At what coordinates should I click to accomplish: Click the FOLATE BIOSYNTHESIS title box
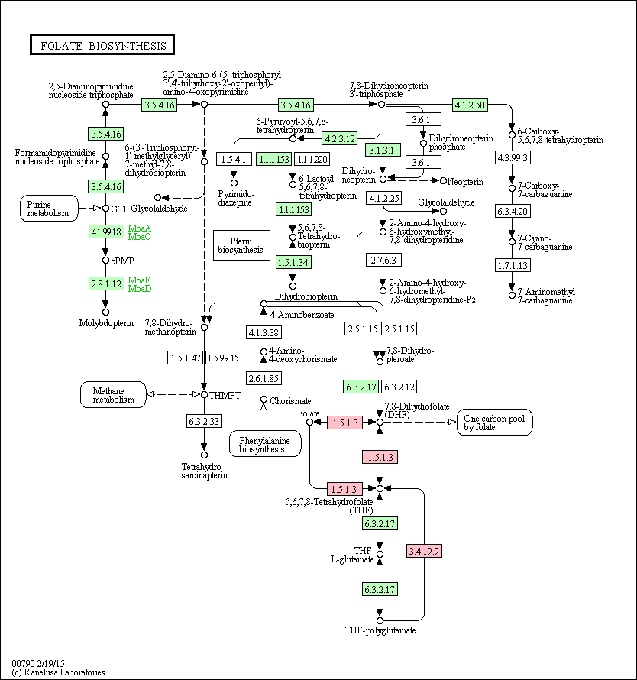pyautogui.click(x=102, y=44)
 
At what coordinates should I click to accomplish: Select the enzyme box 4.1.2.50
pyautogui.click(x=470, y=105)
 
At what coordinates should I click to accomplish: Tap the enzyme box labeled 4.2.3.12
pyautogui.click(x=340, y=139)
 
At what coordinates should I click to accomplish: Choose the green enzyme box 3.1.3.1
pyautogui.click(x=383, y=150)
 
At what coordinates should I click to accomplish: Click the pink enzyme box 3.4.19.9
pyautogui.click(x=424, y=551)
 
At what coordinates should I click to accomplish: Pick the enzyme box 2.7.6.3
pyautogui.click(x=383, y=261)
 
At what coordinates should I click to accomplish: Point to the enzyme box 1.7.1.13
pyautogui.click(x=513, y=265)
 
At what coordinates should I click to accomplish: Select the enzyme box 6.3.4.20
pyautogui.click(x=513, y=211)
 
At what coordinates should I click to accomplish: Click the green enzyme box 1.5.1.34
pyautogui.click(x=293, y=262)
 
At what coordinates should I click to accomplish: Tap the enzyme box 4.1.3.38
pyautogui.click(x=264, y=332)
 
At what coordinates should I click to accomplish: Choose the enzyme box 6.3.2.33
pyautogui.click(x=204, y=421)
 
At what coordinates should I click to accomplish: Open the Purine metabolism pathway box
pyautogui.click(x=49, y=209)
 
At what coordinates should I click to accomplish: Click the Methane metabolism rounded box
pyautogui.click(x=113, y=395)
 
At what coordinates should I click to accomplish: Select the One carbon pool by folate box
pyautogui.click(x=494, y=423)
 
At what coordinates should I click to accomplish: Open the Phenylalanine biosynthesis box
pyautogui.click(x=265, y=444)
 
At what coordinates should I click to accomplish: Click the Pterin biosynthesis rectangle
pyautogui.click(x=241, y=245)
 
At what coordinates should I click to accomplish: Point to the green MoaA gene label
pyautogui.click(x=140, y=228)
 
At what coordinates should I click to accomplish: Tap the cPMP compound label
pyautogui.click(x=123, y=261)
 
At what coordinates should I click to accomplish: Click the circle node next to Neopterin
pyautogui.click(x=443, y=181)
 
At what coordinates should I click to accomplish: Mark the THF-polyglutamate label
pyautogui.click(x=380, y=630)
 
